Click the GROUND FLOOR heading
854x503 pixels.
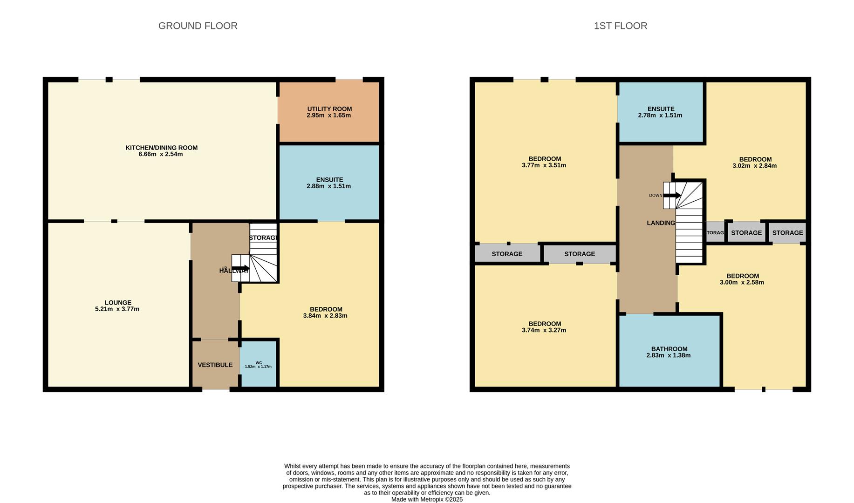click(x=198, y=26)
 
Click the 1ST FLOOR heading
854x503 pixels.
click(x=620, y=26)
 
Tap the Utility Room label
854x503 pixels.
click(x=329, y=109)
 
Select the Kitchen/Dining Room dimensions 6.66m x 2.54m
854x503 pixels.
click(x=161, y=154)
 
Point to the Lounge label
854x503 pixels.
click(x=117, y=303)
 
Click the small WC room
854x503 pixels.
click(x=259, y=365)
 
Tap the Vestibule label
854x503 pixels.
click(x=215, y=365)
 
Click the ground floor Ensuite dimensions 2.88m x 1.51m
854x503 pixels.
click(x=328, y=186)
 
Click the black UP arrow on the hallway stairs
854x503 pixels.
click(x=240, y=268)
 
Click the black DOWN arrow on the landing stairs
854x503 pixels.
click(x=671, y=196)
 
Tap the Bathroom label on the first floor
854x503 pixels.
click(x=669, y=349)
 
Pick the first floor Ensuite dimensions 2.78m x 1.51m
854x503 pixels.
click(x=660, y=116)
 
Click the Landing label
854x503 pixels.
click(x=661, y=223)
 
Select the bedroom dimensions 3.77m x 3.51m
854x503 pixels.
click(x=544, y=165)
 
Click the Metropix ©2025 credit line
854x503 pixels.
click(x=427, y=499)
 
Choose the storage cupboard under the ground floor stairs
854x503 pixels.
click(x=263, y=238)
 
